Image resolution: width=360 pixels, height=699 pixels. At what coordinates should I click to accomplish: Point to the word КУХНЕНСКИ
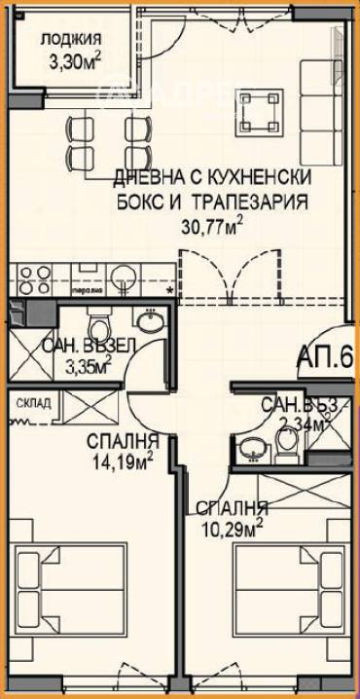click(256, 179)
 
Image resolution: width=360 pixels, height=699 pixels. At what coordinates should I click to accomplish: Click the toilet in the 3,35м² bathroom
click(98, 323)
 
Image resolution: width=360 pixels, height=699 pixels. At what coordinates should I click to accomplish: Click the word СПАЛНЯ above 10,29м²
click(231, 508)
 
